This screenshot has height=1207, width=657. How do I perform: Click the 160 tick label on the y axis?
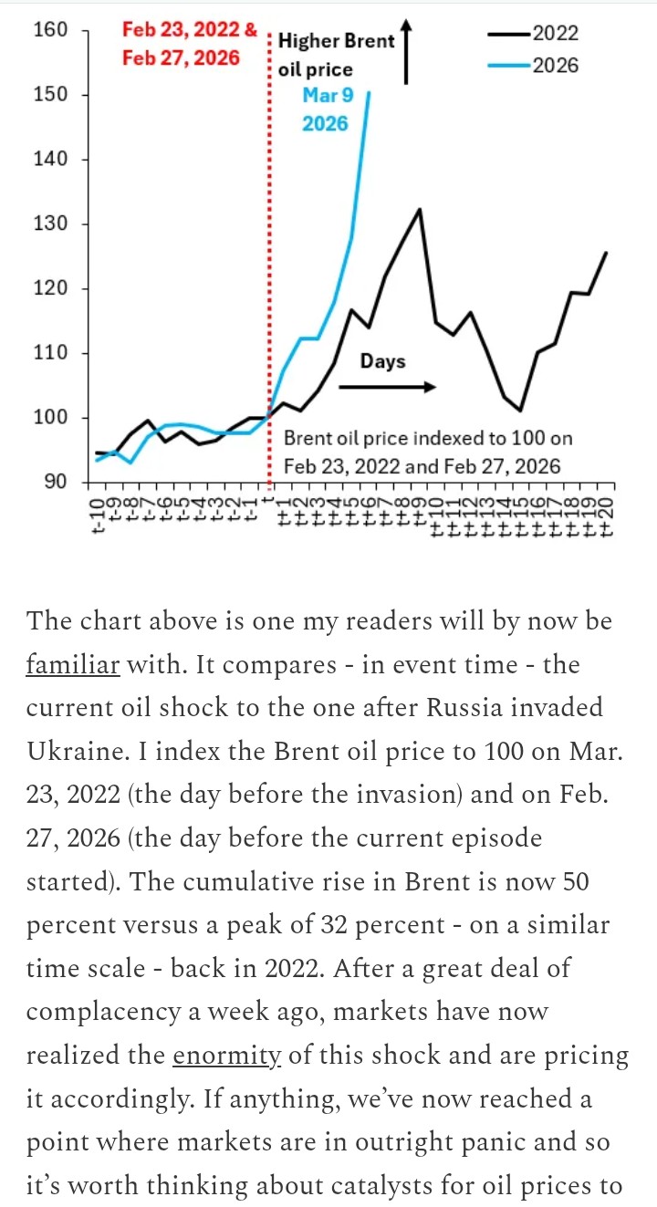pyautogui.click(x=50, y=30)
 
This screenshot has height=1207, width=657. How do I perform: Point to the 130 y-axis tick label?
pyautogui.click(x=50, y=224)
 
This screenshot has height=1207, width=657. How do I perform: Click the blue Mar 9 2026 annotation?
pyautogui.click(x=326, y=109)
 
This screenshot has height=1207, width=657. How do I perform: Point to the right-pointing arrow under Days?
pyautogui.click(x=387, y=387)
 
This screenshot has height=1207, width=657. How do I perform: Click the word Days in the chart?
pyautogui.click(x=382, y=361)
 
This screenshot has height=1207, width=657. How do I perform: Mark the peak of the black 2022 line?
pyautogui.click(x=420, y=209)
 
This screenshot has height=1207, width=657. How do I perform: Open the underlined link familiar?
pyautogui.click(x=73, y=664)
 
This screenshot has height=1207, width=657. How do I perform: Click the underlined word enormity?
pyautogui.click(x=226, y=1056)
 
